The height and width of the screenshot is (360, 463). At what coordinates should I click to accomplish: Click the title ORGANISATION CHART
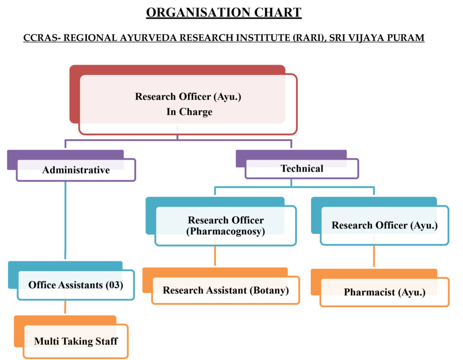coord(224,12)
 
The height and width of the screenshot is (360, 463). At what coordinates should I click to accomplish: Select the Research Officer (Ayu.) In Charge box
coord(188,104)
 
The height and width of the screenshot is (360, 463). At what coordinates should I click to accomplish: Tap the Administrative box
coord(76,170)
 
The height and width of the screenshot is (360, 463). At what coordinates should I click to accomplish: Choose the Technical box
coord(302,168)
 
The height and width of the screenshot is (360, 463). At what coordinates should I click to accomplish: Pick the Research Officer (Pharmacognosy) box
coord(226,226)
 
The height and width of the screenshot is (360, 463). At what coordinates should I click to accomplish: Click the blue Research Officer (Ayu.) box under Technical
coord(384,225)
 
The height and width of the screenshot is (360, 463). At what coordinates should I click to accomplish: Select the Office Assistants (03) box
coord(76,285)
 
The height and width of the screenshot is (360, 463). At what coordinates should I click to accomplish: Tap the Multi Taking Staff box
coord(76,341)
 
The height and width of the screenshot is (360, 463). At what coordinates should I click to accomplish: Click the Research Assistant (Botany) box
coord(226,290)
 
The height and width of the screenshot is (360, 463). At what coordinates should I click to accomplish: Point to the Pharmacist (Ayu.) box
coord(384,292)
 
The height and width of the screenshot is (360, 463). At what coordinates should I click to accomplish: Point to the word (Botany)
coord(269,290)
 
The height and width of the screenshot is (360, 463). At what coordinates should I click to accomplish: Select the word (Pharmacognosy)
coord(226,231)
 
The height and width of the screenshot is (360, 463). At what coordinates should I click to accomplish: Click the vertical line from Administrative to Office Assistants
coord(66,221)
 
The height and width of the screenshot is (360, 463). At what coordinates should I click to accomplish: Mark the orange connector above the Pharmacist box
coord(374,257)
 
